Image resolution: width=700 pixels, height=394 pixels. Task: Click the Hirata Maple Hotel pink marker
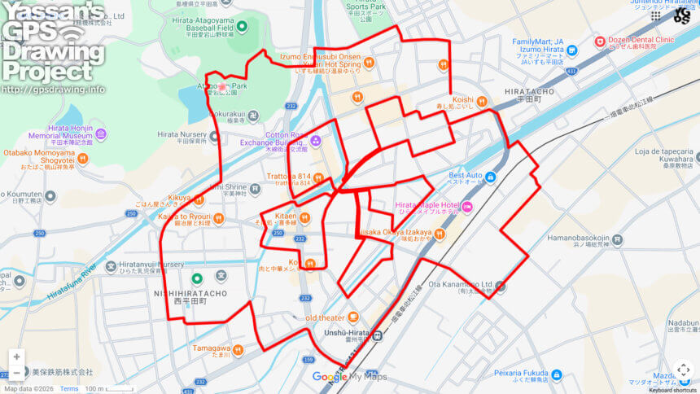click(467, 207)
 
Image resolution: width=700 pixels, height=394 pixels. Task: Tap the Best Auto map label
click(466, 175)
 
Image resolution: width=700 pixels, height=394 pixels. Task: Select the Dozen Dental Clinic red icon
click(600, 41)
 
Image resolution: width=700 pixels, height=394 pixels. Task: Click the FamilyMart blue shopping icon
click(571, 50)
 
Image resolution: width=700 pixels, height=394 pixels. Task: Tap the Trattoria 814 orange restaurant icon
click(318, 177)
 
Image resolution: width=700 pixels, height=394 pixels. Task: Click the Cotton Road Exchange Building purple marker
click(315, 141)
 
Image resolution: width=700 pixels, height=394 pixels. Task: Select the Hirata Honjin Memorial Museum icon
click(101, 134)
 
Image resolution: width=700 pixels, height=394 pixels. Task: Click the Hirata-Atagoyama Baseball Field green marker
click(242, 26)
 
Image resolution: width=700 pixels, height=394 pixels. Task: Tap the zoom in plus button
click(16, 357)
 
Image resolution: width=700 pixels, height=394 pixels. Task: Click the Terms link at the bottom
click(69, 389)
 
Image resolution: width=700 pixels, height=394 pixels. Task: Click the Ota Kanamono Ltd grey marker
click(501, 286)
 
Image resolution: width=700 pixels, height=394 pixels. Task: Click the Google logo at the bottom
click(330, 377)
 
